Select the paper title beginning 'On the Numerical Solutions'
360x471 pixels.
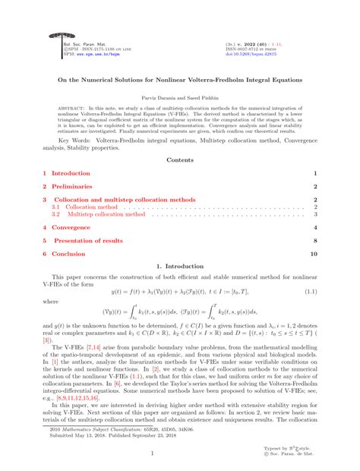pyautogui.click(x=180, y=79)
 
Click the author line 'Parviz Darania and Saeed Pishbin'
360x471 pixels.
pyautogui.click(x=180, y=99)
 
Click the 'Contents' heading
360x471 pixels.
pyautogui.click(x=180, y=160)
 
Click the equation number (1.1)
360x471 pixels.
pyautogui.click(x=310, y=291)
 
